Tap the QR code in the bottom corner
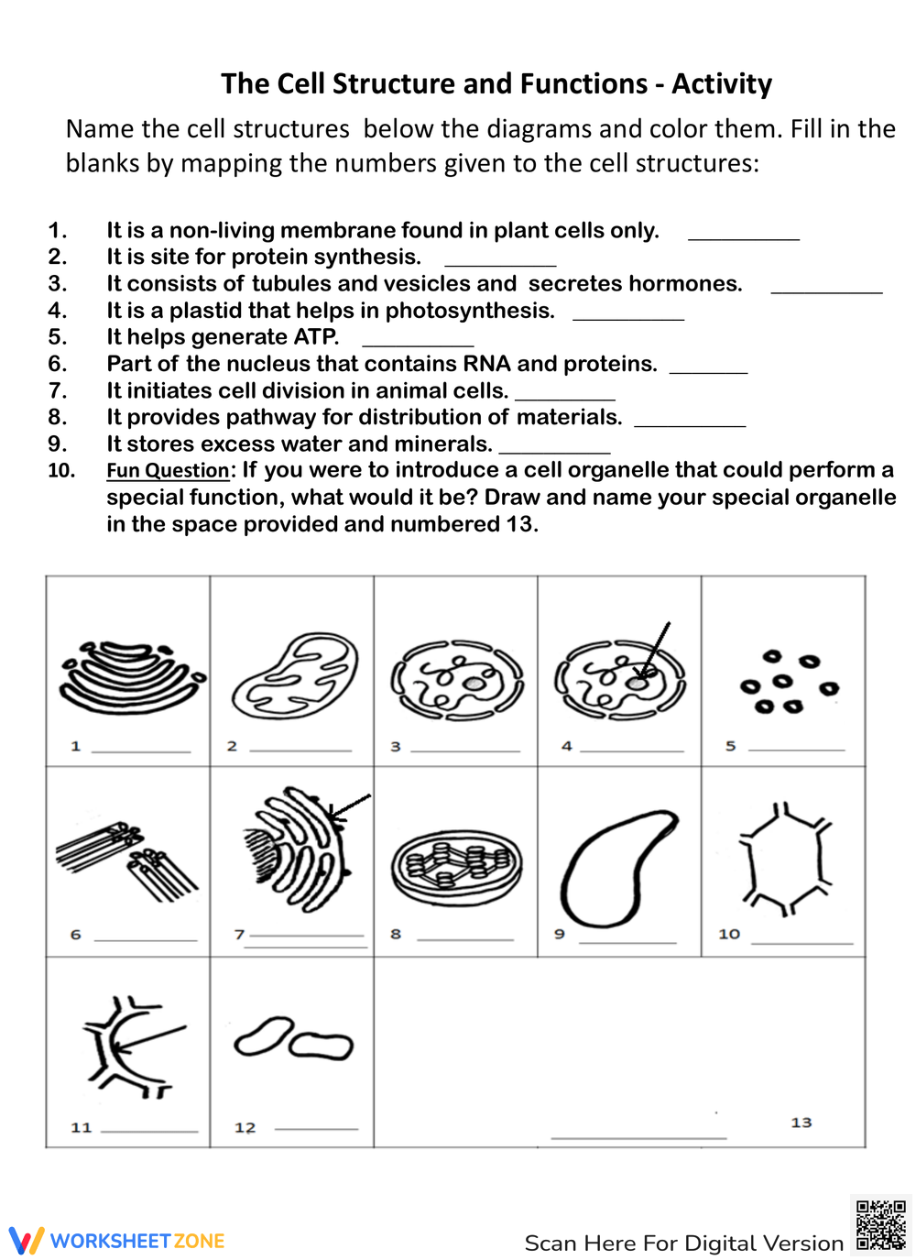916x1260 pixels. click(x=880, y=1225)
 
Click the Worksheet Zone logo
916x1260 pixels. click(x=117, y=1241)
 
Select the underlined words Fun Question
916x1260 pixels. click(x=168, y=471)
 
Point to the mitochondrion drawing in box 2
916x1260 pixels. click(x=295, y=675)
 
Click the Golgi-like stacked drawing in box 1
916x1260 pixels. click(x=130, y=676)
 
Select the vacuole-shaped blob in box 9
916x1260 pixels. click(x=617, y=867)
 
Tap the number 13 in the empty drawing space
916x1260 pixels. click(x=801, y=1123)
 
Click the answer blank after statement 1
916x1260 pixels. click(x=743, y=236)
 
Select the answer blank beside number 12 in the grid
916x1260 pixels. click(x=316, y=1127)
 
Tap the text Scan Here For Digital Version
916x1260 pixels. click(x=683, y=1244)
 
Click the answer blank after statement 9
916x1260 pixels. click(x=554, y=450)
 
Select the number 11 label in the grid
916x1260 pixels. click(x=82, y=1127)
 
